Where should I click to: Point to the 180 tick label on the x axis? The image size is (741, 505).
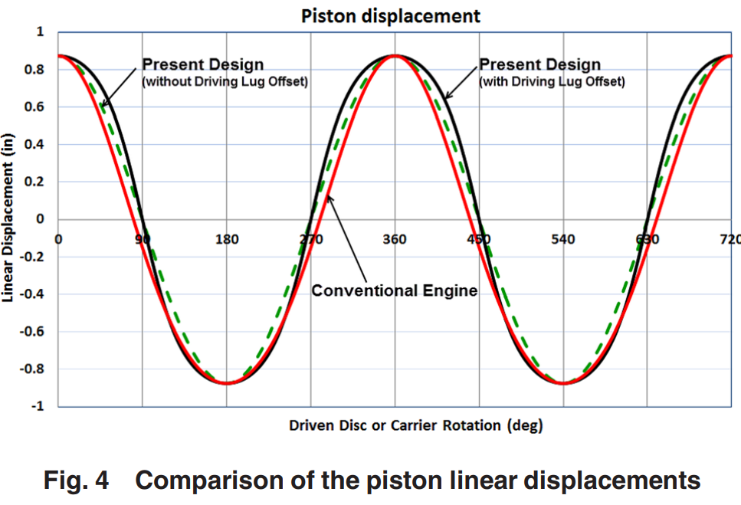226,239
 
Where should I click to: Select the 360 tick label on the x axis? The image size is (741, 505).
395,239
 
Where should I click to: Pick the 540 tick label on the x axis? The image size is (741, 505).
563,239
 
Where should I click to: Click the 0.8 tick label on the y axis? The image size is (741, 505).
35,70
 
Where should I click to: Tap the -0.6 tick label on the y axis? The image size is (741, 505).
33,332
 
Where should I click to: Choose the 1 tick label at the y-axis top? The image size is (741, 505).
40,32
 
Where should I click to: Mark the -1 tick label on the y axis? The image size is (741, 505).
37,406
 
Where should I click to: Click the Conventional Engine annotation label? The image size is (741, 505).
394,290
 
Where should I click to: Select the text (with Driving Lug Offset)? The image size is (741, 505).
552,81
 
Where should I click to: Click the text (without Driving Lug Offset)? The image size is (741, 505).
225,81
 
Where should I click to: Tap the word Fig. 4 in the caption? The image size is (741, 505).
75,480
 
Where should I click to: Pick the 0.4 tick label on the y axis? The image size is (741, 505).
35,145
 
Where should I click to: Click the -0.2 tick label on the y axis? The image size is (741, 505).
33,257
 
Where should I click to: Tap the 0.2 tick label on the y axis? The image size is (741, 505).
35,182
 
